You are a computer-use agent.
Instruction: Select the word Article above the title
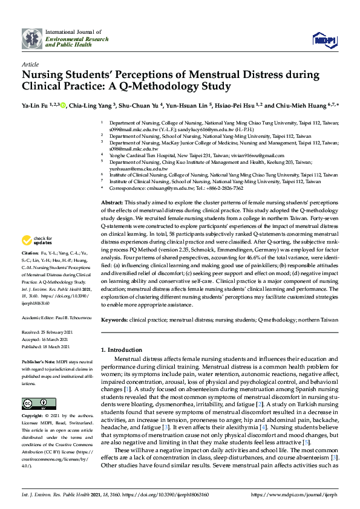(x=30, y=64)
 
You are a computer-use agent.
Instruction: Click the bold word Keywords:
(x=114, y=319)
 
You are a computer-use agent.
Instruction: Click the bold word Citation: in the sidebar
(x=30, y=285)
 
